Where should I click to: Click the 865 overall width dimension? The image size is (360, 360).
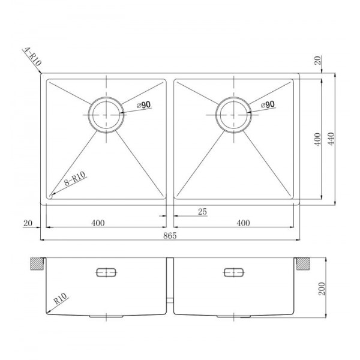click(170, 236)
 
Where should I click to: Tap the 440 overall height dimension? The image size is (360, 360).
click(331, 139)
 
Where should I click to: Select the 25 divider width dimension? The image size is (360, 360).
click(202, 212)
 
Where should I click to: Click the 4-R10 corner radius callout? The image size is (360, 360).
click(32, 56)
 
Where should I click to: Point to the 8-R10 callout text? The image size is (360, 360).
click(75, 179)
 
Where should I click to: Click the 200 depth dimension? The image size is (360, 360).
click(322, 289)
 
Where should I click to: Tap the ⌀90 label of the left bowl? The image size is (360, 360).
click(144, 105)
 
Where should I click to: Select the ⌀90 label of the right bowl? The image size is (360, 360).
click(268, 104)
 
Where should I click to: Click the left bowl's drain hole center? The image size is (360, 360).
click(106, 115)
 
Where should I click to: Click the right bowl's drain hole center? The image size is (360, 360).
click(233, 115)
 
